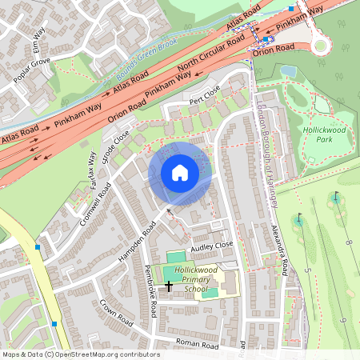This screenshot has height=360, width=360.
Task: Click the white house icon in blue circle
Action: (x=180, y=173)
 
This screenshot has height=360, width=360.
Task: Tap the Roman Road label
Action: (x=198, y=345)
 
